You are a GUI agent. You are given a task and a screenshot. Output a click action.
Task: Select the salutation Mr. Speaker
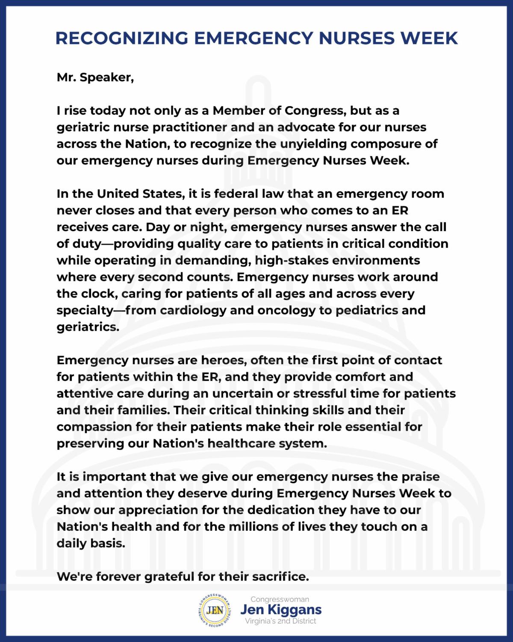click(x=95, y=78)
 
